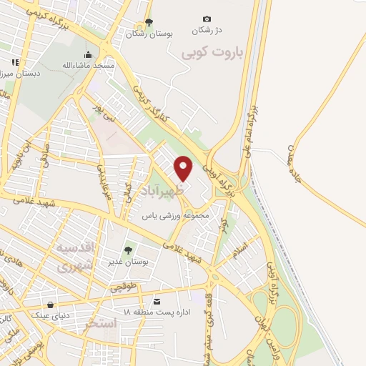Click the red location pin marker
184,169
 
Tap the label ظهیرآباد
169,192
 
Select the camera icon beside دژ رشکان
207,19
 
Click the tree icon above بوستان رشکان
149,21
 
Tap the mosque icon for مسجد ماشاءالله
89,54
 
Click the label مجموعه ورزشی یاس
174,215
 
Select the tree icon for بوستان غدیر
128,250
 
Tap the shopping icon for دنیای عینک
50,304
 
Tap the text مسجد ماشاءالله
87,65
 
